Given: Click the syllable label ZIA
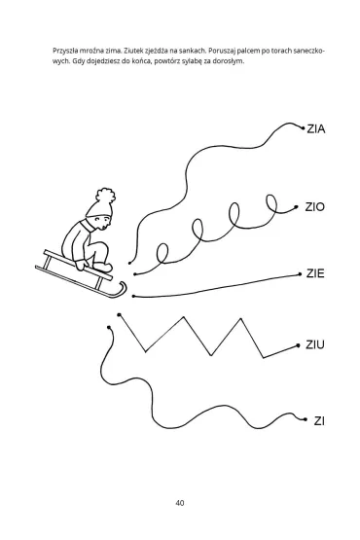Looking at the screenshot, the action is [316, 129].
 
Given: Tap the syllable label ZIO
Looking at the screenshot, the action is [315, 207].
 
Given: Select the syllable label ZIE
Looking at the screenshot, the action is [315, 273].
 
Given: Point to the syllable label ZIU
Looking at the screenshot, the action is [315, 344].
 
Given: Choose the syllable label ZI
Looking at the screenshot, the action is [319, 421].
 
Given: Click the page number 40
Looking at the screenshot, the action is [179, 503].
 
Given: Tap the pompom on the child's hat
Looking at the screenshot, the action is [105, 196].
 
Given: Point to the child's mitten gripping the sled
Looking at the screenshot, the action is [82, 265].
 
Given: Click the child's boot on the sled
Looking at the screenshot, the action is [102, 267].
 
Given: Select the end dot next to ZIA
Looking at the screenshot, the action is [304, 128].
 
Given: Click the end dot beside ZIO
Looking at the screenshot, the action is [296, 207].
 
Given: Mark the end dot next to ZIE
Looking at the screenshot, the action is [300, 274].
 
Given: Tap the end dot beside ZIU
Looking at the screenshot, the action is [298, 345].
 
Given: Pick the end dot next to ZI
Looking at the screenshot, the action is [306, 419].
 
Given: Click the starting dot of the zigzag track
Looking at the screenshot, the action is [119, 315].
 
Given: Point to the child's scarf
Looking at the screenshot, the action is [89, 226].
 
